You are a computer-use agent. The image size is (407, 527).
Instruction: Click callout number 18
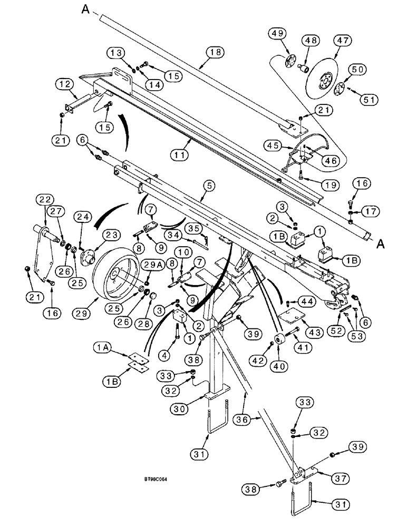click(215, 53)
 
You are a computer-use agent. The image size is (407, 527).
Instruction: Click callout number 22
click(44, 199)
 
